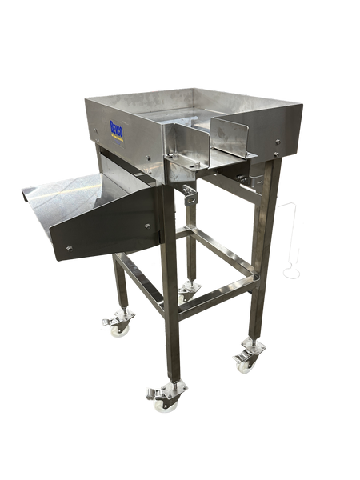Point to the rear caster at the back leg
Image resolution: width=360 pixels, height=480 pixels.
[189, 290]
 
